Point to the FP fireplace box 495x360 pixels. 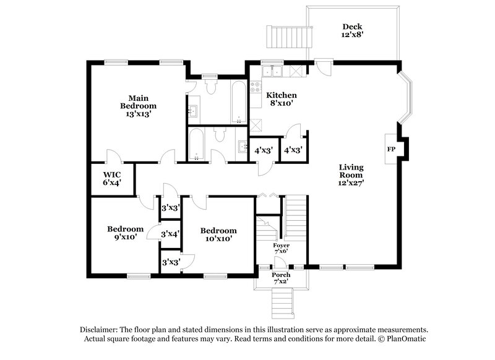[391, 150]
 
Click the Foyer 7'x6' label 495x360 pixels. [282, 249]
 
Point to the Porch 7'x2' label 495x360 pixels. [282, 278]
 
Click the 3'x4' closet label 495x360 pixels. [170, 234]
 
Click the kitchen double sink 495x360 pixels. [273, 72]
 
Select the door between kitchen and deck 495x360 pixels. [322, 64]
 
